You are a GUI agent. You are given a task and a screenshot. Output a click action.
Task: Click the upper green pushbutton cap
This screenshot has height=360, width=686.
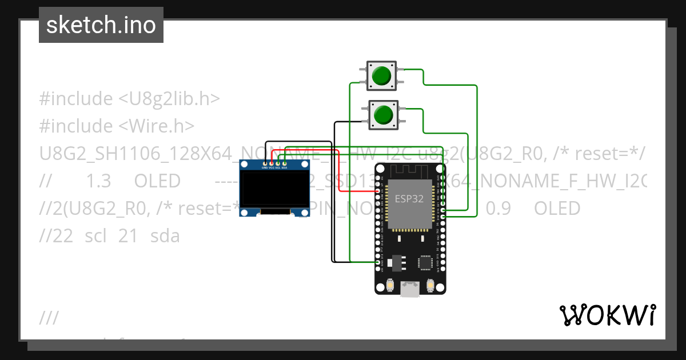tap(382, 75)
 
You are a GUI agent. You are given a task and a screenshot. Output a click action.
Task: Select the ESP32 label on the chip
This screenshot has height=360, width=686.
tap(410, 199)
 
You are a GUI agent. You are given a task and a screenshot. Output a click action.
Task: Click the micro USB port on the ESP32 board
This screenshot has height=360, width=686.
tap(410, 289)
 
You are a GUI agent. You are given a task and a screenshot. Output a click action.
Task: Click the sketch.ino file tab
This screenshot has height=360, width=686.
tap(101, 25)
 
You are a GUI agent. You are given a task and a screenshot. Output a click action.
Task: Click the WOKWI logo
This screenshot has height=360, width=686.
tap(607, 315)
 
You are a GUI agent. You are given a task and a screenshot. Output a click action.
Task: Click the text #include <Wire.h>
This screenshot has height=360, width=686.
tap(117, 126)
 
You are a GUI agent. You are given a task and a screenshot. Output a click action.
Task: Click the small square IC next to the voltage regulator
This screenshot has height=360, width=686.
tap(425, 263)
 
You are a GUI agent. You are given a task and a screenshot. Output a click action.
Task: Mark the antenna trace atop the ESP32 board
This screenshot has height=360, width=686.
tap(410, 170)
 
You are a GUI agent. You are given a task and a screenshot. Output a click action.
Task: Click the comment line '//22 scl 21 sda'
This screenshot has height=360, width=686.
tap(109, 235)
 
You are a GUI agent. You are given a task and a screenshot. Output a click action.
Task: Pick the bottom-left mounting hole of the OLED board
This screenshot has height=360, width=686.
tap(245, 213)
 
